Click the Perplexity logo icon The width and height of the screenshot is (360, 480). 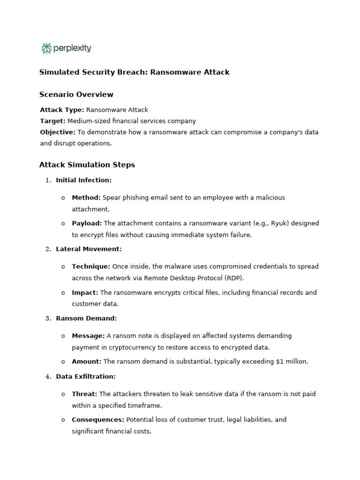[x=46, y=48]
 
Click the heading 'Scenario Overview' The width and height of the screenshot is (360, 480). [x=76, y=95]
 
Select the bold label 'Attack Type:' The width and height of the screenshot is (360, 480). [x=62, y=110]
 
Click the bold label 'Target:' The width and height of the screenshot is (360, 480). [x=52, y=121]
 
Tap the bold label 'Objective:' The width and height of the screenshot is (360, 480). [x=57, y=132]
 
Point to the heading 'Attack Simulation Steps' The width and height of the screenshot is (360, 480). [x=87, y=165]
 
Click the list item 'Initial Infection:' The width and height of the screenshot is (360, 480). [x=83, y=180]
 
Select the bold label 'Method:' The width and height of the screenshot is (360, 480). [x=86, y=198]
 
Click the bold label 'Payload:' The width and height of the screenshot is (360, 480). [x=87, y=224]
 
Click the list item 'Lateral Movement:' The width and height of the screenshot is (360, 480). [x=89, y=249]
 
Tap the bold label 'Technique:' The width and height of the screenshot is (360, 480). [x=91, y=267]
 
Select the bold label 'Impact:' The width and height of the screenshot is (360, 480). [x=85, y=292]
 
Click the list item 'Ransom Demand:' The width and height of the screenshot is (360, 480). [x=86, y=318]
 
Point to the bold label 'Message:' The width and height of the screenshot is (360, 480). [x=88, y=336]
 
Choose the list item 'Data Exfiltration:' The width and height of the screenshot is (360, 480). [x=85, y=376]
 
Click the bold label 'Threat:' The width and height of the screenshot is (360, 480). [x=84, y=394]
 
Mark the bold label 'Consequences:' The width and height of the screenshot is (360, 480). [x=98, y=420]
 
